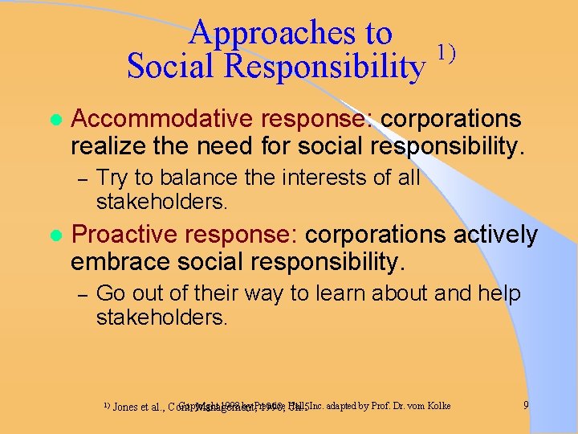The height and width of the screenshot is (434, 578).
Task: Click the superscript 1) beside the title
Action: [x=446, y=54]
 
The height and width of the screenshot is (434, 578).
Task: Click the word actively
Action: [x=496, y=234]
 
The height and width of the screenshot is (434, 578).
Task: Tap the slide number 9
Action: [x=526, y=405]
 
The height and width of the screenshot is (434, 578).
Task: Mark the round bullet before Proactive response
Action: [x=55, y=235]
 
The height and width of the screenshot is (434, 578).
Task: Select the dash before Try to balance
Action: [x=79, y=178]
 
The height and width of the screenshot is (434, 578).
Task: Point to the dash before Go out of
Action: [x=79, y=294]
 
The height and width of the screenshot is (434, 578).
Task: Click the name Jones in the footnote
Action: [x=124, y=407]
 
